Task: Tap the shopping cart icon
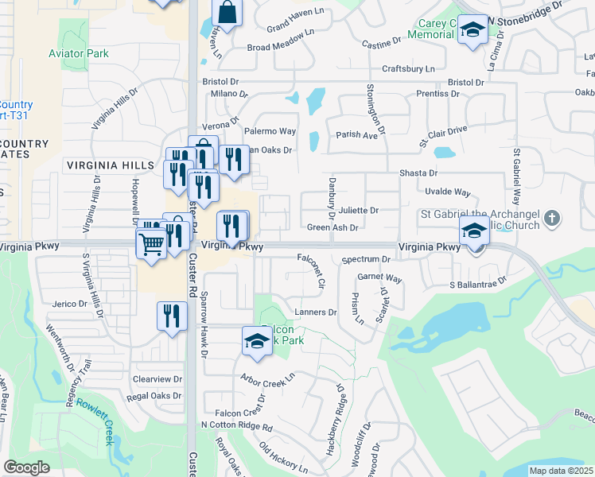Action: point(151,246)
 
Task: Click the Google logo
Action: point(26,467)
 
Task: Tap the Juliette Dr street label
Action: point(358,211)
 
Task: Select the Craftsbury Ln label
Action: point(409,69)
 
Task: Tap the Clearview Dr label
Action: point(157,379)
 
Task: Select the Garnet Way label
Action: point(379,278)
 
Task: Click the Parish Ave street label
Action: point(356,135)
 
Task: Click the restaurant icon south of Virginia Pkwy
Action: point(172,316)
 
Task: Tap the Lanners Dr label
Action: point(316,312)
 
